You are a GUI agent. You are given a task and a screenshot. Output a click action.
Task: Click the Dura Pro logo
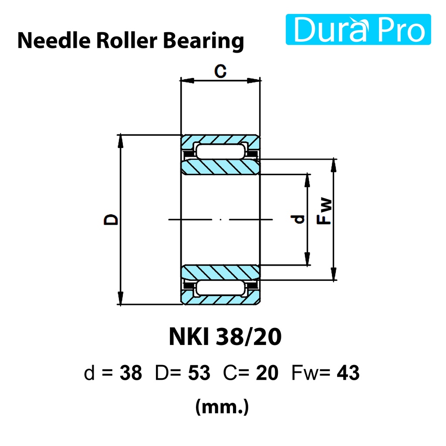coord(358,29)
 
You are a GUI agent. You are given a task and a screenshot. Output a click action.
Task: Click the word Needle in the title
coord(54,41)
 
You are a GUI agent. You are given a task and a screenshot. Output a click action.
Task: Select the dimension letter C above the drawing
coord(220,71)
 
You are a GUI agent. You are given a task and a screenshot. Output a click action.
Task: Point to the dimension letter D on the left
coord(111,220)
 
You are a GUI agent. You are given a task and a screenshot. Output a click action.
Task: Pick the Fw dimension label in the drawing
coord(324,211)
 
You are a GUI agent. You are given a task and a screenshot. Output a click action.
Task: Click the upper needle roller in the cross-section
coord(220,151)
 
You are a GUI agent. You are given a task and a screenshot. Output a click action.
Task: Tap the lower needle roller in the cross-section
coord(220,288)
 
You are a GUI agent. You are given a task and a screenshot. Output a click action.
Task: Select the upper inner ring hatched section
coord(221,167)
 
